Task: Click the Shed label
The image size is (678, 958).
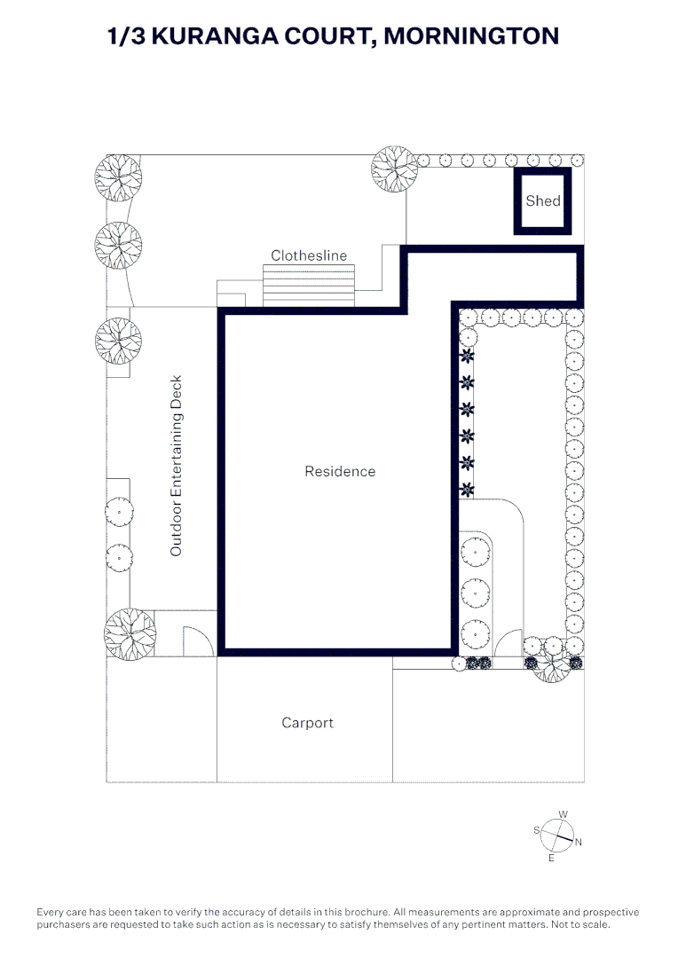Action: tap(543, 200)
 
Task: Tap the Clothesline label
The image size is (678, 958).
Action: tap(309, 255)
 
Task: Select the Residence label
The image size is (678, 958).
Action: tap(340, 471)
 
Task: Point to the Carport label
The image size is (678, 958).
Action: tap(308, 723)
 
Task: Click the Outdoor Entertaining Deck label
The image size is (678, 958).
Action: tap(176, 466)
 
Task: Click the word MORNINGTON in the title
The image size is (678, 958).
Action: tap(471, 36)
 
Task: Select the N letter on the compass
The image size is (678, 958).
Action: tap(579, 842)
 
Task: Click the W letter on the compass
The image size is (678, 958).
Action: tap(563, 814)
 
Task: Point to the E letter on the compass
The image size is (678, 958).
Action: tap(551, 859)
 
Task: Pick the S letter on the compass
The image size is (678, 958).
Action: tap(537, 829)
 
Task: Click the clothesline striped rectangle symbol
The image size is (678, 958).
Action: tap(309, 286)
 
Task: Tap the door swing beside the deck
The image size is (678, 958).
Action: tap(199, 641)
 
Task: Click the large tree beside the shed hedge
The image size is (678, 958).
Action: tap(395, 169)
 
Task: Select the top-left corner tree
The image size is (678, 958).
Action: tap(118, 177)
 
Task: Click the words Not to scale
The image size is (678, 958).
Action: tap(580, 924)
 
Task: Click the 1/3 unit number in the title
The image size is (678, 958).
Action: tap(126, 36)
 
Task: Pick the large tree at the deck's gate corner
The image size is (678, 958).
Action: tap(130, 633)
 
